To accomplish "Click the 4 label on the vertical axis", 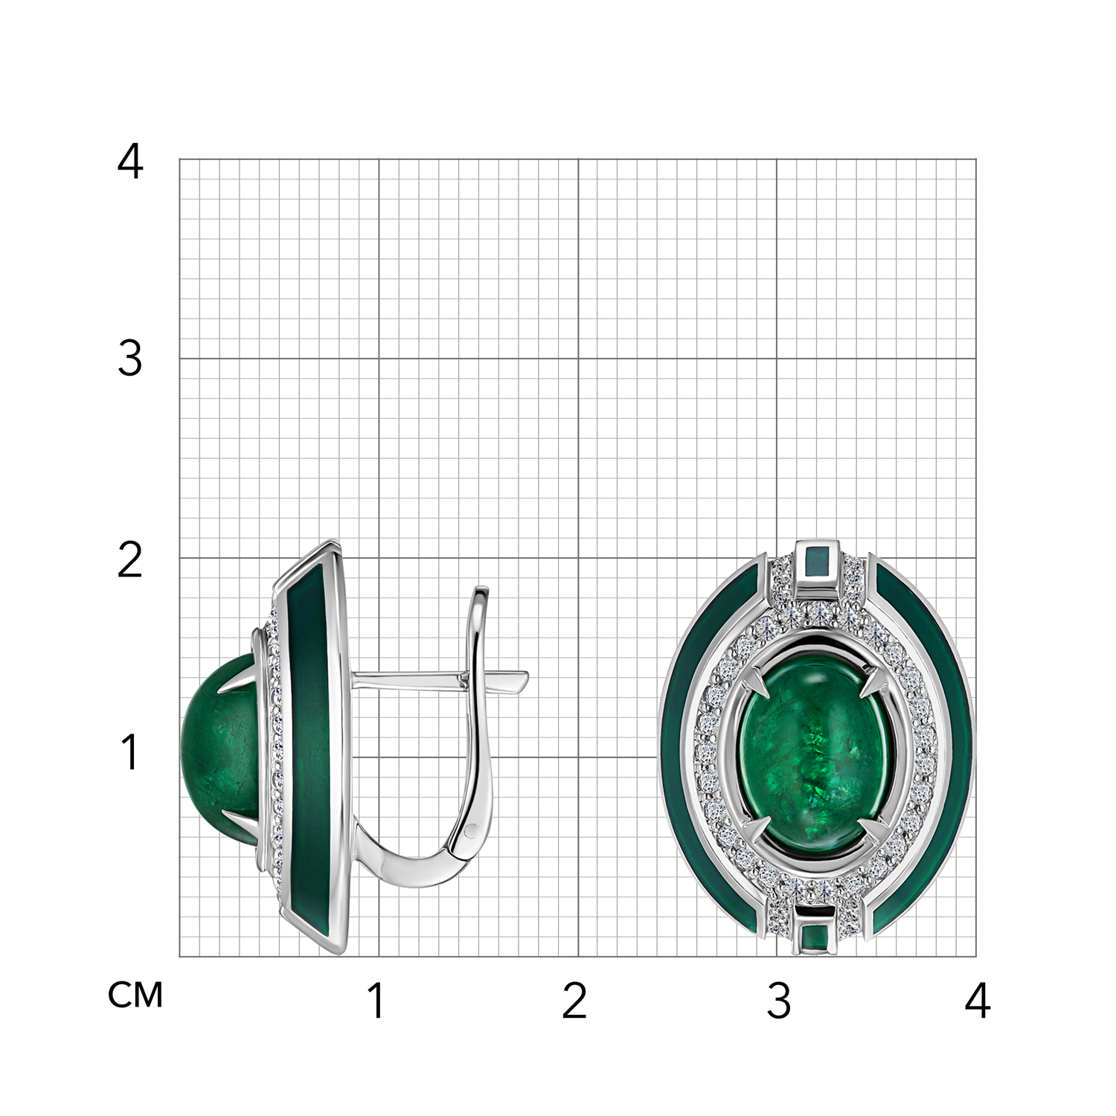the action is pos(130,161).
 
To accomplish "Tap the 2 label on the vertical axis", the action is pos(130,560).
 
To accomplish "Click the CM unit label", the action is pos(135,995).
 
